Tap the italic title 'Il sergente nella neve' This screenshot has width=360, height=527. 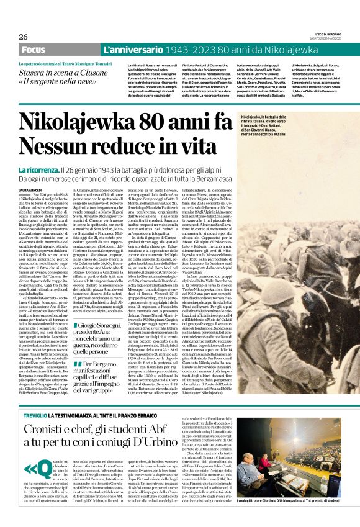coord(58,81)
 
